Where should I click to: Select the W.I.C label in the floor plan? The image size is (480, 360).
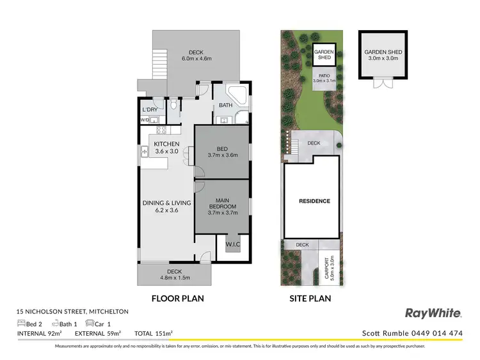(232, 244)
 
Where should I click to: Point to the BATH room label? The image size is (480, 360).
(225, 106)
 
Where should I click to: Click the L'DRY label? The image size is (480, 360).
(148, 110)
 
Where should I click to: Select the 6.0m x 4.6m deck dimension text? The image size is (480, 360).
(196, 59)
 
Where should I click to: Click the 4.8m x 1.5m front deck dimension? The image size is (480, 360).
(173, 278)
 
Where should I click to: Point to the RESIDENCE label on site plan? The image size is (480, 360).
(315, 201)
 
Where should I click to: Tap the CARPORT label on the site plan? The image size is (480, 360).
(327, 269)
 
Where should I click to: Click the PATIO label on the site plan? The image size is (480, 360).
(323, 78)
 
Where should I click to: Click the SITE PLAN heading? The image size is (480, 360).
(310, 298)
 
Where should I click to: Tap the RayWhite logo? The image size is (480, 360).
(433, 313)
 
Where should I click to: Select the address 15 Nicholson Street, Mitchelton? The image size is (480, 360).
(72, 311)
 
